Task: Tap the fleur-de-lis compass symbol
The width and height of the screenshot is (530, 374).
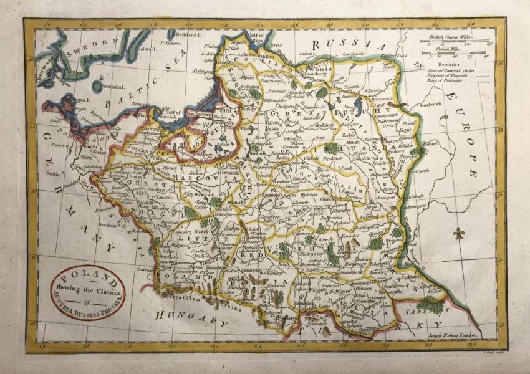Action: [460, 233]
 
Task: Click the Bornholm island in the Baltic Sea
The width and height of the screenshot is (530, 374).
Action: [97, 86]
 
